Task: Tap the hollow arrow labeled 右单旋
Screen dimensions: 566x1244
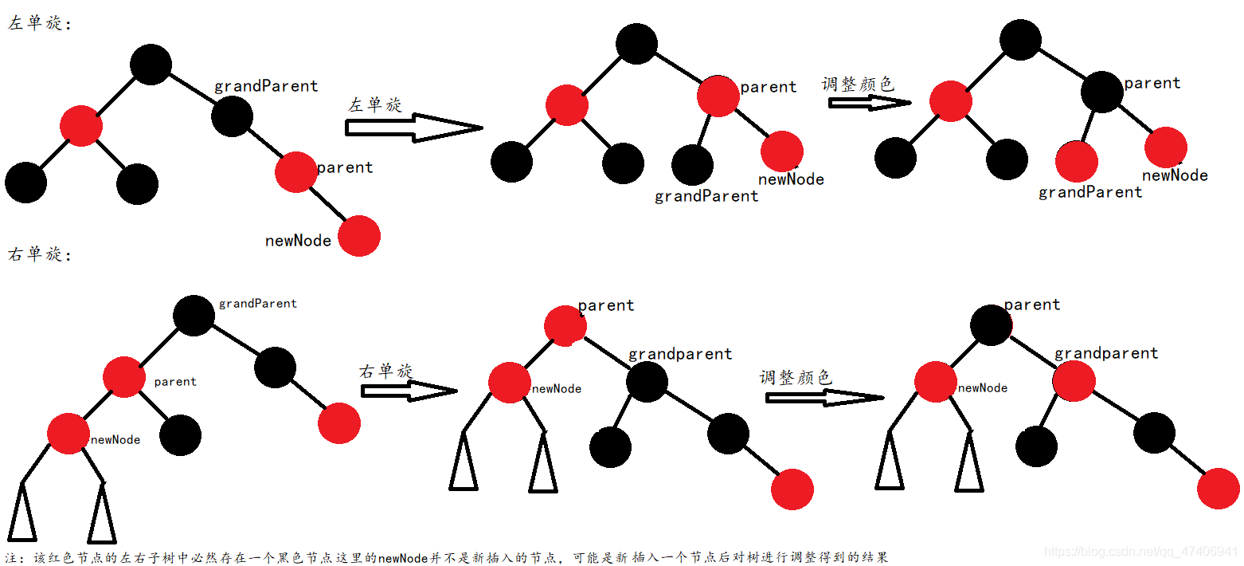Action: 409,391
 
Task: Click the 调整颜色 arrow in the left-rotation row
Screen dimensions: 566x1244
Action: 869,103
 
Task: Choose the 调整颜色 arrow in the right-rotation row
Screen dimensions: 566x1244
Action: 825,397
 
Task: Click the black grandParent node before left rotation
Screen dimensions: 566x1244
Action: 233,116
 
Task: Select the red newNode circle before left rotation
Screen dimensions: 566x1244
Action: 359,236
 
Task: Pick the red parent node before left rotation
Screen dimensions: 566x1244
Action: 296,171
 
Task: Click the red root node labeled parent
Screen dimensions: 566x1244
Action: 565,324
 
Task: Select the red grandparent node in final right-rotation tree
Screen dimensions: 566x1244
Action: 1074,381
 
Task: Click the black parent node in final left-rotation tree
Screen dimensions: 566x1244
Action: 1102,91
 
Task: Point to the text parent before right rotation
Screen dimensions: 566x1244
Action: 175,382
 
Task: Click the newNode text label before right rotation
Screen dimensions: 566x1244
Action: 115,439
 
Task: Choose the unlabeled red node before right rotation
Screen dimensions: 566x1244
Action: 339,423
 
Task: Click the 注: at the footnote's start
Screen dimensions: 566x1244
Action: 17,557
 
